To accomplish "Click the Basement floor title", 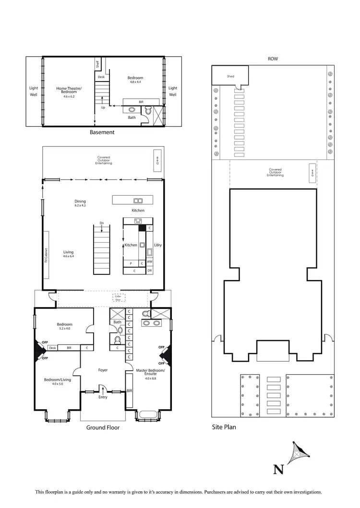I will click(x=103, y=132).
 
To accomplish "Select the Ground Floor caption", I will click(x=103, y=427).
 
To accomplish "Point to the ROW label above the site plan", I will click(x=273, y=59).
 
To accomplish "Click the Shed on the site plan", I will click(x=230, y=76).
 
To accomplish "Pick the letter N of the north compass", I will click(x=277, y=469).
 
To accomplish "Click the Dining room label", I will click(x=80, y=201).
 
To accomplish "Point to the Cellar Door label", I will click(x=118, y=298).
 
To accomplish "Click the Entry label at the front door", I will click(x=103, y=397).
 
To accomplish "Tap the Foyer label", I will click(x=103, y=370).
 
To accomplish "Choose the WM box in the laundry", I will click(x=149, y=262).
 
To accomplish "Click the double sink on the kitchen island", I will click(x=138, y=201).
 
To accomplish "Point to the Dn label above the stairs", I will click(x=102, y=223).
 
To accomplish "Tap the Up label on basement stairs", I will click(x=103, y=107).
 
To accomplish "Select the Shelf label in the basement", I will click(x=97, y=63).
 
